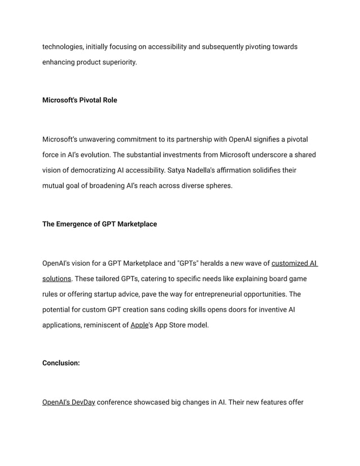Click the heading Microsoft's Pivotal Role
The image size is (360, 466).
coord(80,100)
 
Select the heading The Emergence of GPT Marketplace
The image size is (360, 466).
coord(99,224)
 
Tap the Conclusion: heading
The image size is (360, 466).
coord(61,363)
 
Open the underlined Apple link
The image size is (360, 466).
coord(138,326)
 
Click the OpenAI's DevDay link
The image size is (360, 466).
coord(68,402)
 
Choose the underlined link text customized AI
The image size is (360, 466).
coord(294,263)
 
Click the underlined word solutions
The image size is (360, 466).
coord(56,279)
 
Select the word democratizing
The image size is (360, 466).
coord(94,170)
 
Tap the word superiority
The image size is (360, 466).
coord(117,61)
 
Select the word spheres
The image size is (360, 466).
coord(218,185)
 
